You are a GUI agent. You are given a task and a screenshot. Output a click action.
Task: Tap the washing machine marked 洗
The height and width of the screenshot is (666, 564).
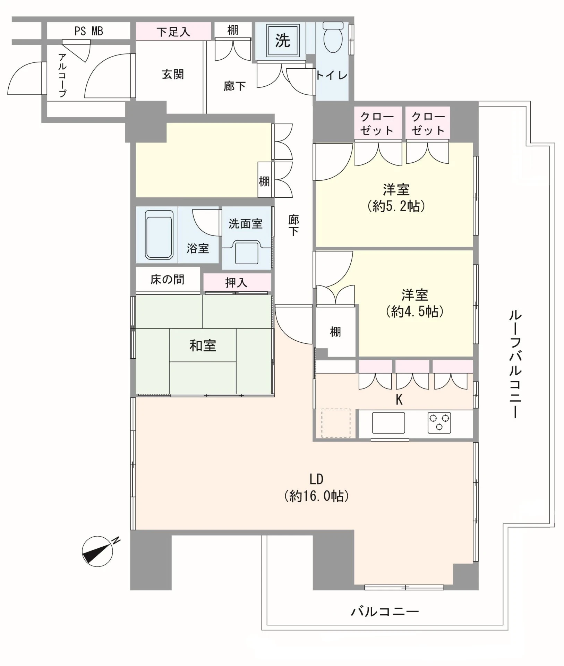click(x=283, y=41)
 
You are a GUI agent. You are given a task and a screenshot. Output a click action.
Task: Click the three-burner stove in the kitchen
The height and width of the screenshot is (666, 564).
click(x=439, y=423)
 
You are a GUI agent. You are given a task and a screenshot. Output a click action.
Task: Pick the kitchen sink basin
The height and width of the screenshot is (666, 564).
click(x=388, y=422)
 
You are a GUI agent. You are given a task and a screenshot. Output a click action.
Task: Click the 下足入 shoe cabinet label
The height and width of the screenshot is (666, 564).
click(x=173, y=32)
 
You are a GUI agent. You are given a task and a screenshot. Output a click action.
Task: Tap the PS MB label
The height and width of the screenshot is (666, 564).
click(x=89, y=31)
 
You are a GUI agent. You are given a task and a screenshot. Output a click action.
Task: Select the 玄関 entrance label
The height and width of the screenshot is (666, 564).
click(x=173, y=74)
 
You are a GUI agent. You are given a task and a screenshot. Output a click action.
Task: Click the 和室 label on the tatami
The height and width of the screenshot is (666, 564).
click(x=203, y=345)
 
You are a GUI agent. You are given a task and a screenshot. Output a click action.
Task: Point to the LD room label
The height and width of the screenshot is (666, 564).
click(x=316, y=479)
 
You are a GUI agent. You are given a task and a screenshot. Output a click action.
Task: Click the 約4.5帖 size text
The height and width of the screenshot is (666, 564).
click(x=415, y=311)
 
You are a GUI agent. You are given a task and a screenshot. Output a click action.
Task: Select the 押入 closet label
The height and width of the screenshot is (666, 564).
click(x=236, y=283)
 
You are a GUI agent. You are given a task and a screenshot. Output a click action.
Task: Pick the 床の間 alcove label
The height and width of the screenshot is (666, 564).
click(x=167, y=280)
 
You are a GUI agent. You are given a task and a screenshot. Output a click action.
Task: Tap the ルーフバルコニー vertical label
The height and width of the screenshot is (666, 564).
click(x=515, y=365)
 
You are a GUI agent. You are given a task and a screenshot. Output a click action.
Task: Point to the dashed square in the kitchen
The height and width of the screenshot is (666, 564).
click(x=336, y=423)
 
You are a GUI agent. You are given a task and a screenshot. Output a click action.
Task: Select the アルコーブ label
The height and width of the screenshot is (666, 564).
click(x=62, y=75)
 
